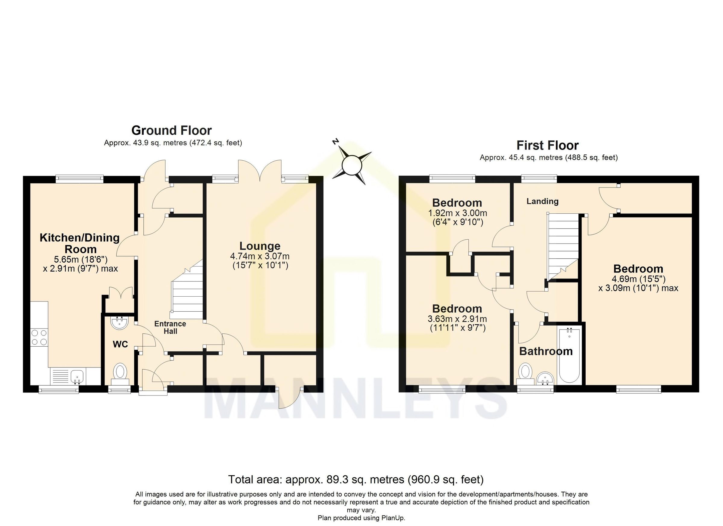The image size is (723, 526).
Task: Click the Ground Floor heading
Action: coord(171,131)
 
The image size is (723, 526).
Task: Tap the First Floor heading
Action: coord(547,146)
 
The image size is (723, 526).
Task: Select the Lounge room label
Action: coord(260,246)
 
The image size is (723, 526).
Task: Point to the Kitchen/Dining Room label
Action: coord(80,243)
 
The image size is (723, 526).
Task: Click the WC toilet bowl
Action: coord(120,372)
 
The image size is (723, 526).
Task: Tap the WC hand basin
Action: coord(120,323)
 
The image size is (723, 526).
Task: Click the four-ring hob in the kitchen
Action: coord(39,338)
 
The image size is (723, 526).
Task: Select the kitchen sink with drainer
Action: coord(67,376)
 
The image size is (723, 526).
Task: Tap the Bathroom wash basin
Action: coord(546,379)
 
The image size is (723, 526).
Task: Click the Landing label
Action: coord(542,201)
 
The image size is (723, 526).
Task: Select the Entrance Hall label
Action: coord(170,327)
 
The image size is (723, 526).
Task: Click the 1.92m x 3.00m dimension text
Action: coord(457,213)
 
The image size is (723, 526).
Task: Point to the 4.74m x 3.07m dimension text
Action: coord(260,256)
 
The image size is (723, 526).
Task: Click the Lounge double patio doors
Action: coord(260,172)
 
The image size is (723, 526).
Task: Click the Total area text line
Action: coord(355,480)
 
